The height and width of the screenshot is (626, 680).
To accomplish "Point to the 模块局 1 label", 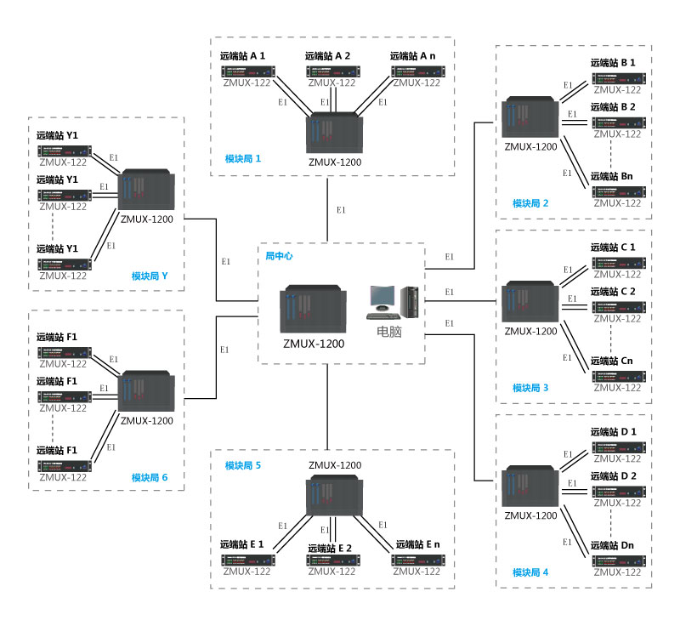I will click(243, 159).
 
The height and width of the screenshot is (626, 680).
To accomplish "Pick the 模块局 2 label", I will click(530, 203).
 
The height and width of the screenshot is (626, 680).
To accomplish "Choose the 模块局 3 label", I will click(530, 388).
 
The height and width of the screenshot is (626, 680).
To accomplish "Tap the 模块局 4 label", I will click(530, 572).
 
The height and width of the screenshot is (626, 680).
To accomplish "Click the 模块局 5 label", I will click(243, 465).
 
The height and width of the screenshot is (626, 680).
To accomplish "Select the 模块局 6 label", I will click(150, 478).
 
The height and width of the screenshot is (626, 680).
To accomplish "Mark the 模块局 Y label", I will click(150, 276).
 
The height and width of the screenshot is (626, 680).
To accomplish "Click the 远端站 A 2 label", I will click(328, 56).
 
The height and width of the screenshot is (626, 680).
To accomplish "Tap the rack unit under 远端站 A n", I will click(416, 71).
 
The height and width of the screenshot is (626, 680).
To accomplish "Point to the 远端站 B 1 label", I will click(613, 63).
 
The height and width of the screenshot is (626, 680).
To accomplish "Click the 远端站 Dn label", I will click(612, 545).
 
